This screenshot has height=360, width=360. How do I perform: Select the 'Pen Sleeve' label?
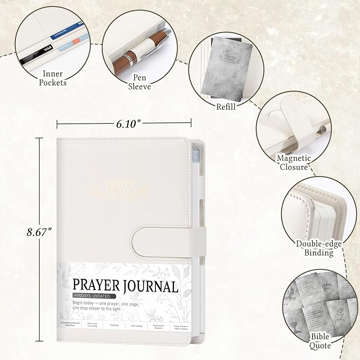pos(140,82)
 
